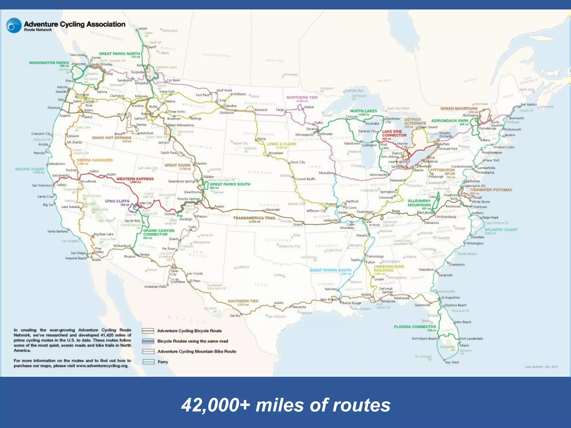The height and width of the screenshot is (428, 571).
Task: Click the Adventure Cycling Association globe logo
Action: (14, 25)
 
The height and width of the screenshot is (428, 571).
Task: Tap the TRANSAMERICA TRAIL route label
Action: (254, 218)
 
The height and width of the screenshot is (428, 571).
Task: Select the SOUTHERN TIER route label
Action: (243, 301)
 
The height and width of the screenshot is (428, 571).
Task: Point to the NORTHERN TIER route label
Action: (302, 98)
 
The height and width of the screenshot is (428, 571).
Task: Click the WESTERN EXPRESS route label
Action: (135, 179)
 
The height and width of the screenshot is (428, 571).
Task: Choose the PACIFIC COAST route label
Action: (30, 169)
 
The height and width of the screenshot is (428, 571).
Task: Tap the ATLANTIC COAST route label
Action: (501, 230)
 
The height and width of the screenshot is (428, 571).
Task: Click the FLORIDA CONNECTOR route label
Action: (415, 327)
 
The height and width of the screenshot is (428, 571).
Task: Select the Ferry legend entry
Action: (163, 362)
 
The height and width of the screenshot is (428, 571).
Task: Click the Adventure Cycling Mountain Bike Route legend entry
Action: (197, 351)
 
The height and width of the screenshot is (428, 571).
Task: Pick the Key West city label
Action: (452, 362)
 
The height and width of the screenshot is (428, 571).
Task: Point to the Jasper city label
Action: (143, 28)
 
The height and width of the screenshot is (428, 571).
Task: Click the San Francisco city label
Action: (42, 185)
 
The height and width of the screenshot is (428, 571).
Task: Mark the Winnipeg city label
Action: (291, 74)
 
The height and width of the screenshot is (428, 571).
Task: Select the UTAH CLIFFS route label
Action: (117, 201)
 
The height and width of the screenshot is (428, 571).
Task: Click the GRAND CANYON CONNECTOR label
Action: (159, 232)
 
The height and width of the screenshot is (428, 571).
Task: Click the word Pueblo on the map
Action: (219, 206)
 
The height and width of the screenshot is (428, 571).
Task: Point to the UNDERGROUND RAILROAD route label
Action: (389, 268)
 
